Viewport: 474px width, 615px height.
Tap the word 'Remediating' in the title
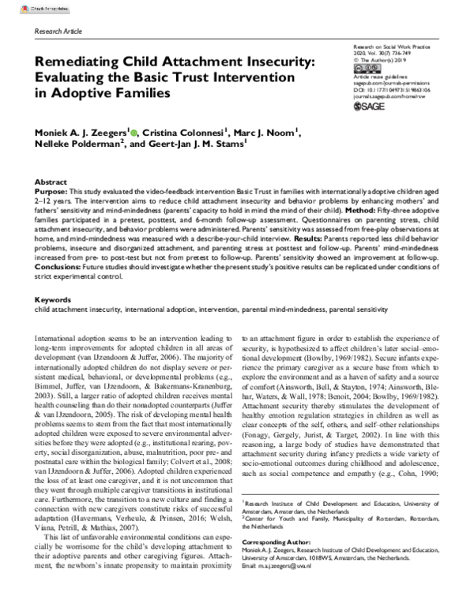coord(79,60)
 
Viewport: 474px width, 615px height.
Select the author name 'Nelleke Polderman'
coord(81,148)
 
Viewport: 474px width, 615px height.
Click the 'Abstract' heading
coord(52,182)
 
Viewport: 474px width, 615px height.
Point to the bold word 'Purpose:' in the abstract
coord(55,192)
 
